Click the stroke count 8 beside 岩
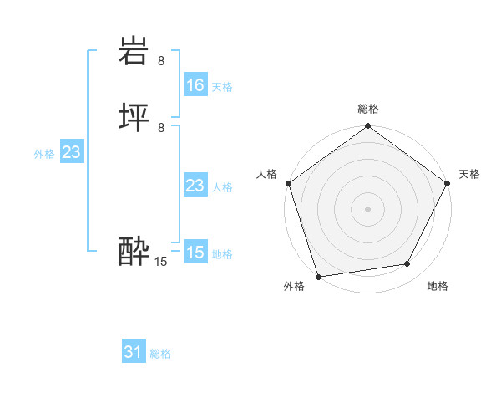tap(161, 61)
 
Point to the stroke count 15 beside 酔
tap(161, 262)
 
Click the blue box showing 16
tap(195, 85)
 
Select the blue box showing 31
tap(134, 352)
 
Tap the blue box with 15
tap(195, 253)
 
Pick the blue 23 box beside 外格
tap(71, 152)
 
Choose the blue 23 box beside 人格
tap(195, 186)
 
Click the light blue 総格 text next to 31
tap(160, 354)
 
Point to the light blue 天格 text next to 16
tap(222, 87)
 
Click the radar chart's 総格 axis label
tap(368, 110)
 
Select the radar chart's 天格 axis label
tap(469, 174)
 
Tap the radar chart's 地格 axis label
tap(438, 286)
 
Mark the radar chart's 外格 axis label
tap(294, 286)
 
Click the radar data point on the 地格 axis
tap(407, 264)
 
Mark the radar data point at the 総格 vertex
tap(368, 127)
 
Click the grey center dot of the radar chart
tap(368, 209)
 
